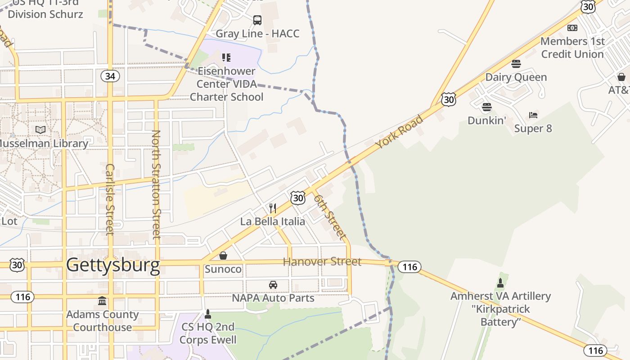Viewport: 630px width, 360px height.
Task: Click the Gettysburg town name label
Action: pos(113,265)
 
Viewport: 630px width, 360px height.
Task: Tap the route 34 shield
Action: pos(110,76)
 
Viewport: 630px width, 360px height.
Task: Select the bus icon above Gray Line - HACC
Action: pos(257,20)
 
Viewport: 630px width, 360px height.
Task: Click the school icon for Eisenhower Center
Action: pos(226,58)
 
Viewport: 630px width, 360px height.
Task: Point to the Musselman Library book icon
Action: pos(40,130)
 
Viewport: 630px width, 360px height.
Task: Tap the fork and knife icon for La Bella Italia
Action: pos(273,208)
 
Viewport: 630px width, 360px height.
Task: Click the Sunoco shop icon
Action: pos(223,256)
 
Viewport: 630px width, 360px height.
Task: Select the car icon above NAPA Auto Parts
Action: pos(273,285)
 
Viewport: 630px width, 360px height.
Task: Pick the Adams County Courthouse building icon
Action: pos(102,301)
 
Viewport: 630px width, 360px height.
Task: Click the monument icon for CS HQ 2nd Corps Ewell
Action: pos(208,313)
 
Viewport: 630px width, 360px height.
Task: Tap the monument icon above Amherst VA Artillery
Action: pos(500,283)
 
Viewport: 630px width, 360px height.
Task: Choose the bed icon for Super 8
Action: pos(533,115)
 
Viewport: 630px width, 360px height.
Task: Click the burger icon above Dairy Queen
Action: pos(516,63)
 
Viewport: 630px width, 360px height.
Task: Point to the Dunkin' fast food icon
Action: pos(486,107)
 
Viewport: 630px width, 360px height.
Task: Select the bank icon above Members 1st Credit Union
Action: pos(572,28)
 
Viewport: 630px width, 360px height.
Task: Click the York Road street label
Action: pos(400,132)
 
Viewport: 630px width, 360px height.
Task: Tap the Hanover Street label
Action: pos(322,261)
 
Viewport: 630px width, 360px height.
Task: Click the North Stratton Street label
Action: pos(156,184)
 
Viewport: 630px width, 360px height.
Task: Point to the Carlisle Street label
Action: pos(110,199)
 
